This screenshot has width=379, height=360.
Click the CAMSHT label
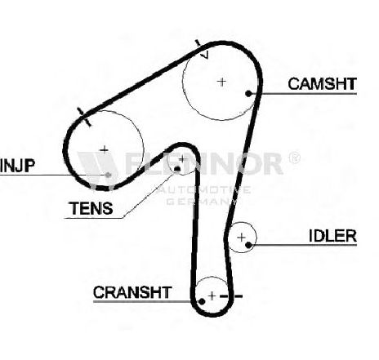(x=322, y=83)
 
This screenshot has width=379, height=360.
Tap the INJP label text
(x=18, y=166)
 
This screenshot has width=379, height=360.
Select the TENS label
(x=91, y=208)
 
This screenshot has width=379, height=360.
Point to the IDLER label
(x=332, y=236)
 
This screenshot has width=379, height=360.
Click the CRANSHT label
(x=132, y=292)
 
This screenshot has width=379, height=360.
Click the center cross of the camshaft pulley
(x=222, y=82)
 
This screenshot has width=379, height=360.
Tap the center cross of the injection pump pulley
(x=104, y=149)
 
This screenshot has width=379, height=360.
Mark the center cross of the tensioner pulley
(x=182, y=159)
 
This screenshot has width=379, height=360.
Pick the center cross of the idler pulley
(x=241, y=238)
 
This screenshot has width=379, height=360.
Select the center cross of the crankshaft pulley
(x=212, y=296)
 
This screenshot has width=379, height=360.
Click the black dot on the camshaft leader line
(x=248, y=94)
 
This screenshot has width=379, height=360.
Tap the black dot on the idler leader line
(x=248, y=245)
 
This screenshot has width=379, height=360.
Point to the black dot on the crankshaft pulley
(x=202, y=301)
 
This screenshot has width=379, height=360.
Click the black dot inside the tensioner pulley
(x=177, y=169)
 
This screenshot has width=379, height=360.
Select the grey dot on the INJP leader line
(x=109, y=175)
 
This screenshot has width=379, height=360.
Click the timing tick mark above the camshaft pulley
(x=201, y=47)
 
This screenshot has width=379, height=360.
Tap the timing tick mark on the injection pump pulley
(x=84, y=117)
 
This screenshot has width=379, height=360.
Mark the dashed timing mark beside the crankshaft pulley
(x=231, y=296)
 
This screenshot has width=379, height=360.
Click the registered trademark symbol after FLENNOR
(x=294, y=158)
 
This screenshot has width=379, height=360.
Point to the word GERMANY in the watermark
(x=201, y=202)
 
